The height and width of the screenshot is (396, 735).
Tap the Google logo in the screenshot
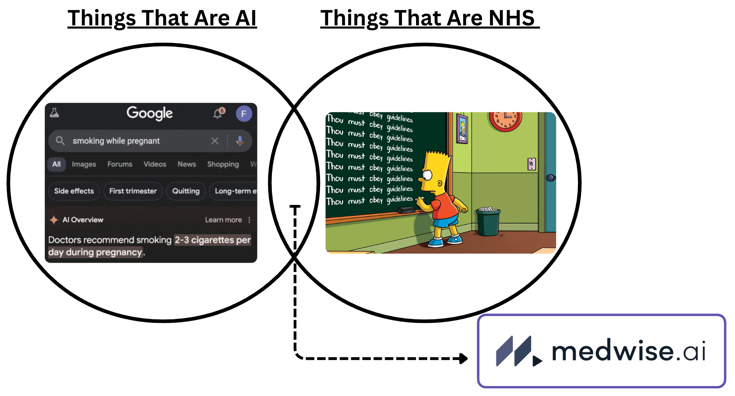[x=149, y=113]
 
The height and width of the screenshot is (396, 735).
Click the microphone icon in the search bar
[x=240, y=141]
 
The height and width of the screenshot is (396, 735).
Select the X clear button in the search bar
[x=215, y=141]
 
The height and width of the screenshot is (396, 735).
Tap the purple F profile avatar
[x=244, y=114]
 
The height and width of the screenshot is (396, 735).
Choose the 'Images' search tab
[x=84, y=164]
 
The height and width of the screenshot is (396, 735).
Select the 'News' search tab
[x=187, y=164]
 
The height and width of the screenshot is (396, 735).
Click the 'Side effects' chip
[x=74, y=191]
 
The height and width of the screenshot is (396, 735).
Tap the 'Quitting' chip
[x=186, y=191]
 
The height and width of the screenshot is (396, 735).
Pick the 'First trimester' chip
[x=133, y=191]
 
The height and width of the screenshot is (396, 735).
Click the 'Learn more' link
[x=223, y=220]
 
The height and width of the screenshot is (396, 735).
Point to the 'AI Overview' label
[x=82, y=220]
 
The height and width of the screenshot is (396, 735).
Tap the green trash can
[x=488, y=222]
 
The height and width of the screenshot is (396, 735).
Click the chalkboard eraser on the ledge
[x=406, y=210]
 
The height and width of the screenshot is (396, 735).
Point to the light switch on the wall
[x=532, y=164]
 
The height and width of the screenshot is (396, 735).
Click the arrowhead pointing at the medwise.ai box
[x=464, y=358]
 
